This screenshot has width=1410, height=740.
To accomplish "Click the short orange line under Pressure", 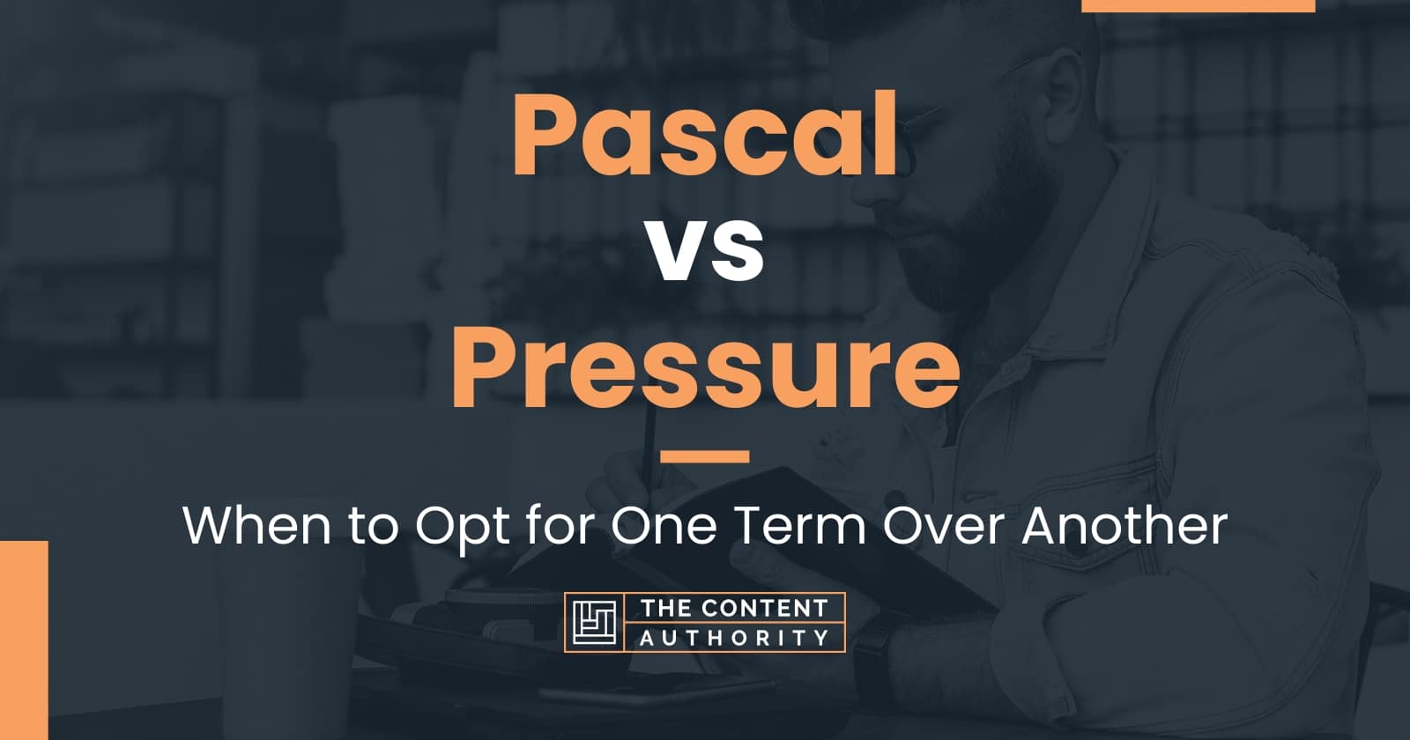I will click(705, 456).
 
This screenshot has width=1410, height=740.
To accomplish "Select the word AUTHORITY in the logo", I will click(733, 638).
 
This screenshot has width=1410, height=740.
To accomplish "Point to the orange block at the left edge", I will click(23, 640).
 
